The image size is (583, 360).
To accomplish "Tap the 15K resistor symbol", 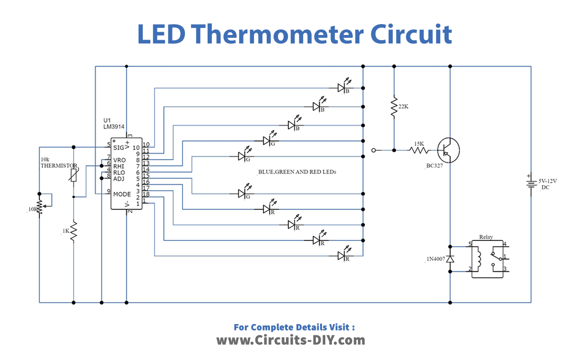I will coord(418,150).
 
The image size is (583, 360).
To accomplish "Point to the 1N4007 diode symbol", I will coord(450,259).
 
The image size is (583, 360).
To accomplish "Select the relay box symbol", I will coord(487,258).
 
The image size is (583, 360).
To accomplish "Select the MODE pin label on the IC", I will coord(122,194).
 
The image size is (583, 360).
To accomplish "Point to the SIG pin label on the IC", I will coord(118,147).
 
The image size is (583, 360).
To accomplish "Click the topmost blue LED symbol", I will coord(342,87).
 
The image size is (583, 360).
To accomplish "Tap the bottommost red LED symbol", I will coord(342,256).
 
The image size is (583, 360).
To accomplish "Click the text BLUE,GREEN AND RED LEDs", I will coord(297,172).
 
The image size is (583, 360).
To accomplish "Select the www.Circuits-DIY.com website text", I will coord(291,340).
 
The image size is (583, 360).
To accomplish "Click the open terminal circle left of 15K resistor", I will coord(374,150).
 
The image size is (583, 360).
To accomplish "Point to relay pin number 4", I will coord(505,244).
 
